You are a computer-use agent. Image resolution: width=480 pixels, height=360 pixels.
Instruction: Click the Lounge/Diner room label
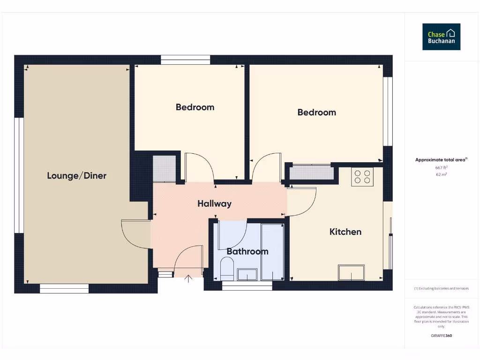(x=76, y=176)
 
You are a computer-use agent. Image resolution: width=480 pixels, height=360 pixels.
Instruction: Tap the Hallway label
(x=214, y=203)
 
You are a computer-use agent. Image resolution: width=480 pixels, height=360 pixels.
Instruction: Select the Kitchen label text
(x=345, y=232)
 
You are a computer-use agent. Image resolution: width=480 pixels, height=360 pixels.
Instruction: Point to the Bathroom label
(x=247, y=251)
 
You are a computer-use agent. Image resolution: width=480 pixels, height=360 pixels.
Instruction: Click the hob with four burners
(x=362, y=177)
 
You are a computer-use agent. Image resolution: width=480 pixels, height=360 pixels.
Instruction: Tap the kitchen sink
(x=352, y=272)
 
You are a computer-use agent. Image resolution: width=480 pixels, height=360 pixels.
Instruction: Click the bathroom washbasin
(x=247, y=274)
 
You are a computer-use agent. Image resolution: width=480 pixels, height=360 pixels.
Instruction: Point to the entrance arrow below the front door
(x=188, y=279)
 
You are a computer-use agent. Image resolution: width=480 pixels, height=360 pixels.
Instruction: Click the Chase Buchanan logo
(x=441, y=37)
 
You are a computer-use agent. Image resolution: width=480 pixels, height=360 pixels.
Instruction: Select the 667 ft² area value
(x=441, y=167)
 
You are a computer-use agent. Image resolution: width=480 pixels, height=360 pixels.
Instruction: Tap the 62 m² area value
(x=441, y=174)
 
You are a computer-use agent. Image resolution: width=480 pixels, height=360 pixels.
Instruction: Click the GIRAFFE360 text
(x=441, y=336)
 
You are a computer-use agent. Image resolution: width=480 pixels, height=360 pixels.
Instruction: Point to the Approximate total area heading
(x=441, y=160)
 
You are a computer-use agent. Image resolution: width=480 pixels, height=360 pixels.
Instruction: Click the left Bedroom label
(x=195, y=107)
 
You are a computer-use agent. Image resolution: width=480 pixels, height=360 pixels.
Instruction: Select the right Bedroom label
(x=317, y=112)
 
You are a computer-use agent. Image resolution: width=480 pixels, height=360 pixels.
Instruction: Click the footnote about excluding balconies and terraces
(x=441, y=288)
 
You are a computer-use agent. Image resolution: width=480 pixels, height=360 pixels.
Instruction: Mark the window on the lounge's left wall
(x=19, y=175)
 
